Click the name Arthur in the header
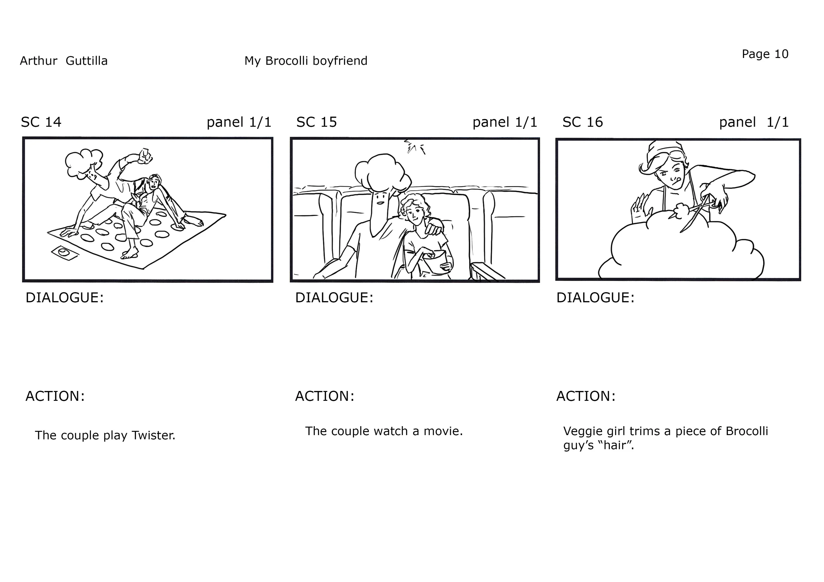click(39, 61)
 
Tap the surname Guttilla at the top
click(86, 61)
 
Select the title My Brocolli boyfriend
click(306, 61)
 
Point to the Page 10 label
click(765, 54)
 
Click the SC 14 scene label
click(41, 122)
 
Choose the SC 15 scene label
click(316, 122)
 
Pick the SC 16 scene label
click(582, 122)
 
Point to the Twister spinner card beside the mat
click(65, 253)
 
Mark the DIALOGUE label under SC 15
click(334, 298)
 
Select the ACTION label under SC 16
click(586, 396)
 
